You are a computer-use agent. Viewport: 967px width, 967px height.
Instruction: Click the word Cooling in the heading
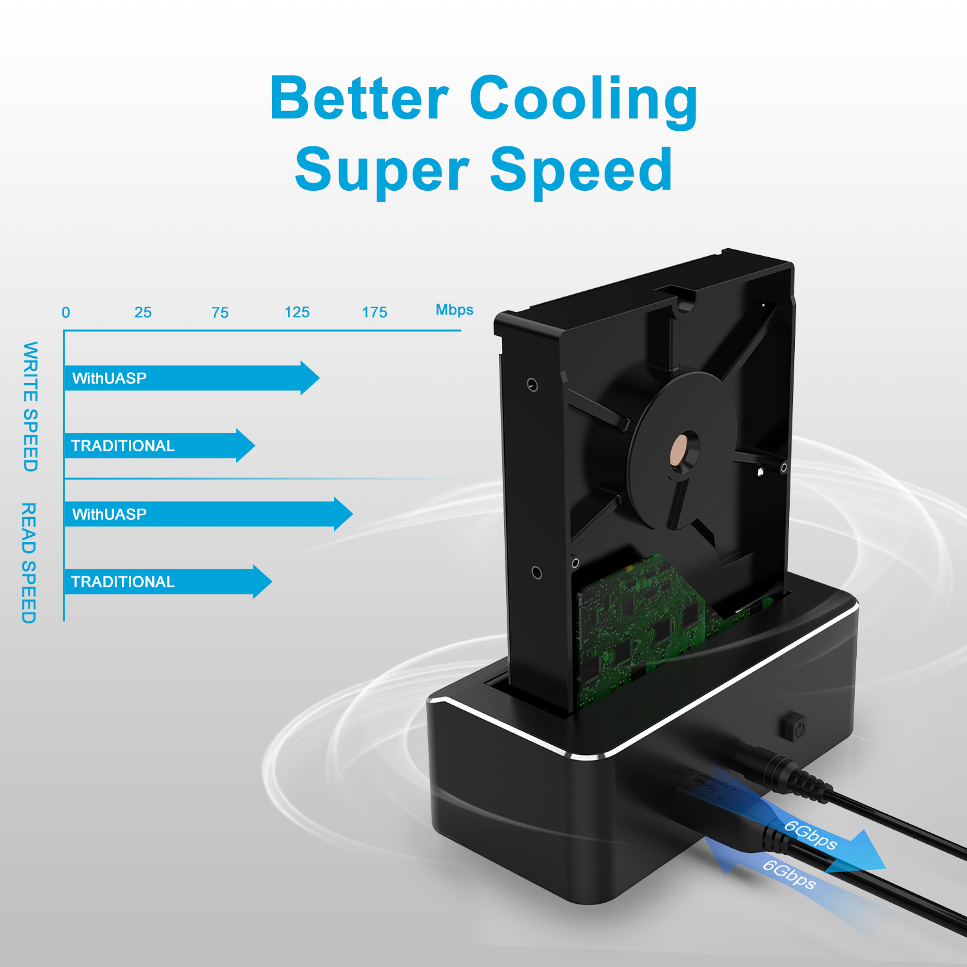(584, 99)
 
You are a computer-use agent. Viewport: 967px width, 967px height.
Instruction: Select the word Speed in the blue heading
(581, 170)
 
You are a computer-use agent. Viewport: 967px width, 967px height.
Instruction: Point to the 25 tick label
(143, 313)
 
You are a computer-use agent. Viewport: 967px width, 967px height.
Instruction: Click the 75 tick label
(220, 313)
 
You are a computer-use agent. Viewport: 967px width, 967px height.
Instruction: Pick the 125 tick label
(297, 313)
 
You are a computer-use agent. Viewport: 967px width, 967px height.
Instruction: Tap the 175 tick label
(375, 313)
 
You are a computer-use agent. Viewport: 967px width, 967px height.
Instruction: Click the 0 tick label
(66, 313)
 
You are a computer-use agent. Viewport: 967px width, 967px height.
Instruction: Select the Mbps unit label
(454, 310)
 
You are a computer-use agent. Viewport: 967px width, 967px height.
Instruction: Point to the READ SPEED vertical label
(29, 563)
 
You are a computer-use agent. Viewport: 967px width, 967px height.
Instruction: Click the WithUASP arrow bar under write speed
(192, 378)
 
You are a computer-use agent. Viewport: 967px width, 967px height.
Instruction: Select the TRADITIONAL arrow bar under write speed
(160, 445)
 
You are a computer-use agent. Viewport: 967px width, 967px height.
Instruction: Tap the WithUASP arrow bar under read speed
(209, 514)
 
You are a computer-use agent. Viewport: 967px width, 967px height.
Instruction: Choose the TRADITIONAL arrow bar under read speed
(168, 581)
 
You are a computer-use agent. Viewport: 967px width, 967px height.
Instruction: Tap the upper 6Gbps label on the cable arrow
(810, 835)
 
